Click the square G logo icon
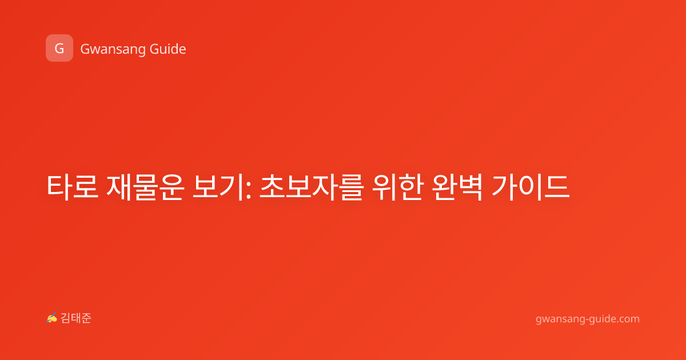pos(59,48)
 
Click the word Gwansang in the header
pos(113,50)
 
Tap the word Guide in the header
pos(167,49)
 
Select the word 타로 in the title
pos(72,187)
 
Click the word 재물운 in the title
pos(145,187)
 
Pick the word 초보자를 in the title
pos(312,187)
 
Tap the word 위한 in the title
pos(398,187)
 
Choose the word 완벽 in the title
pos(457,187)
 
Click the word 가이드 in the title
pos(531,187)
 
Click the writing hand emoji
pos(52,318)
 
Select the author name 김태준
pos(76,318)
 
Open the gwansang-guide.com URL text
pos(588,319)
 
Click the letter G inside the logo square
pos(59,49)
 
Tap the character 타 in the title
pos(59,187)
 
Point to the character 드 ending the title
pos(557,187)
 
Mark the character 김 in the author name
pos(66,318)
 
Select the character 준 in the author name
pos(86,318)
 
